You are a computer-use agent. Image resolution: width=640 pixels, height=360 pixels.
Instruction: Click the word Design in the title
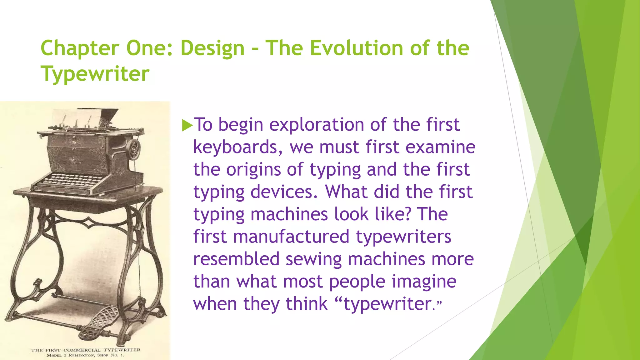[212, 48]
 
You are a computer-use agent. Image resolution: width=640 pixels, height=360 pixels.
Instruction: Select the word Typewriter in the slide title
[95, 74]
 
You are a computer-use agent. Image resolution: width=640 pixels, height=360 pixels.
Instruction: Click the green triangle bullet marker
[187, 125]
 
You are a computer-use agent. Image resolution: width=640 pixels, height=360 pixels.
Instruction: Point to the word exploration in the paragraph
[317, 125]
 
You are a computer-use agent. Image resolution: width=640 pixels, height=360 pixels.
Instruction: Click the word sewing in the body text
[313, 259]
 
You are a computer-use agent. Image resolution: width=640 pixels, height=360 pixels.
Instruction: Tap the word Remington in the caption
[81, 355]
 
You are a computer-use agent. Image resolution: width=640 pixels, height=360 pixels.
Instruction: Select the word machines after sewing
[386, 259]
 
